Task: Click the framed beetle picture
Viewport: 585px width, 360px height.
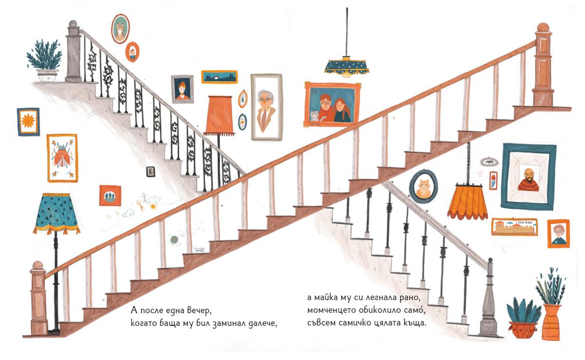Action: pyautogui.click(x=62, y=158)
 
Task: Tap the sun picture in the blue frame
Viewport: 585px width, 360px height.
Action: pyautogui.click(x=28, y=121)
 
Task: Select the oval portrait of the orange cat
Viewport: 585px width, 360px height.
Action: pyautogui.click(x=423, y=186)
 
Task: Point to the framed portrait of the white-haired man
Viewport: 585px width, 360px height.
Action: pyautogui.click(x=266, y=107)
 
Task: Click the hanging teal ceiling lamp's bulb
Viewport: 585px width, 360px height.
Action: pyautogui.click(x=347, y=74)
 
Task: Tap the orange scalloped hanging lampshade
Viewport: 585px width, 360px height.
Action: pyautogui.click(x=468, y=200)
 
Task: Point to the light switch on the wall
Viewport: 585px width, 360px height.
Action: pyautogui.click(x=151, y=172)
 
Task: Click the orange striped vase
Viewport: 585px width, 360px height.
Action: pyautogui.click(x=551, y=322)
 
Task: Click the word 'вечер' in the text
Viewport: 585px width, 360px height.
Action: pyautogui.click(x=199, y=311)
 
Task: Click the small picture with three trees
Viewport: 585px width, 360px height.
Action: pyautogui.click(x=110, y=196)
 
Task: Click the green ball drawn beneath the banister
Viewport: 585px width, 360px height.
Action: pyautogui.click(x=174, y=240)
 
